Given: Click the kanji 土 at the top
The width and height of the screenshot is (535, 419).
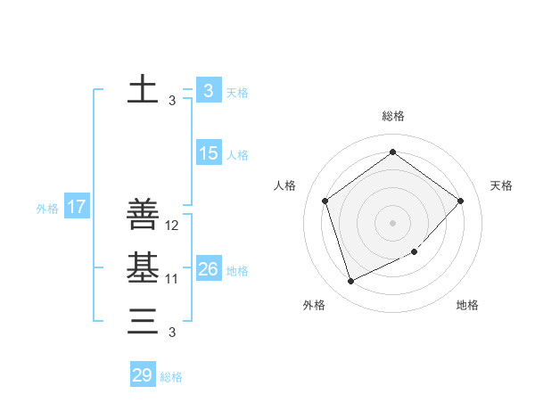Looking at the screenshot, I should [x=144, y=90].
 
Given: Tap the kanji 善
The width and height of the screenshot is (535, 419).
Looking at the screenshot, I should [x=144, y=215].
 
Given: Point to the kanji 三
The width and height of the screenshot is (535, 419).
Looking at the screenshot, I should [x=144, y=320].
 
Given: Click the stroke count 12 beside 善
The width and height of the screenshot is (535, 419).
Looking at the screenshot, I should [x=173, y=226].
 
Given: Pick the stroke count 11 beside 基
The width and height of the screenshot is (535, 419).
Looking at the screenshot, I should [x=173, y=279].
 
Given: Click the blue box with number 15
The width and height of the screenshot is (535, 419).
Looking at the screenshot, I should [x=209, y=153].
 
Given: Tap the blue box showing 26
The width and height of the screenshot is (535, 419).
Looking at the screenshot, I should [x=209, y=268].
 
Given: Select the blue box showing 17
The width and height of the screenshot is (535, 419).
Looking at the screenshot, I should [x=76, y=208].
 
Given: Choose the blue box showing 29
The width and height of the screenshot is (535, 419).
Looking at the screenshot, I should [x=143, y=375].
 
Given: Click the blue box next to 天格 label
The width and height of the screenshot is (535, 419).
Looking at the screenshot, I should [x=209, y=90].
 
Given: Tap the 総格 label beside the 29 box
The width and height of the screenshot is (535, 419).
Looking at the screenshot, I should [x=171, y=377].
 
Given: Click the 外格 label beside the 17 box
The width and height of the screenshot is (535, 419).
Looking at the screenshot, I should [x=47, y=209].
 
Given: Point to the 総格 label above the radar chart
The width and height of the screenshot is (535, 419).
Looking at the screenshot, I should [x=392, y=116].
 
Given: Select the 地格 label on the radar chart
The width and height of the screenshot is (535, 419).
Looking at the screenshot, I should [x=467, y=305].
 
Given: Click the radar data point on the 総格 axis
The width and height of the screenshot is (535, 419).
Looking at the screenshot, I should [x=392, y=152].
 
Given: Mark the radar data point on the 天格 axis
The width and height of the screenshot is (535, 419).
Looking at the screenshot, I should [x=461, y=201].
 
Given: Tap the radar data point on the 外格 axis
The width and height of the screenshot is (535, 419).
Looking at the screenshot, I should [x=350, y=282].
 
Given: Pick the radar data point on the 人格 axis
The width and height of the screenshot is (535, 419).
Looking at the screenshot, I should [x=325, y=201].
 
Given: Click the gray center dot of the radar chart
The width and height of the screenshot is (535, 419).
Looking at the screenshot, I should [x=392, y=222].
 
